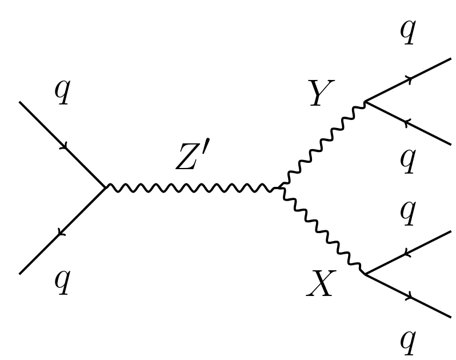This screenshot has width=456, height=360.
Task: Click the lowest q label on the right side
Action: coord(407,342)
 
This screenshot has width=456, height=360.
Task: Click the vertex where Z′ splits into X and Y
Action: coord(278,187)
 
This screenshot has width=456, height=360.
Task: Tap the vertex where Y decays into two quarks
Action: coord(365,102)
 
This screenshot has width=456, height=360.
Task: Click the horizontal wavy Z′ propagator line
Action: coord(192,187)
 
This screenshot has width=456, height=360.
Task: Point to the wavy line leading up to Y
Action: coord(321,145)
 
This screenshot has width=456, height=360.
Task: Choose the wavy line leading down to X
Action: coord(321,230)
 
